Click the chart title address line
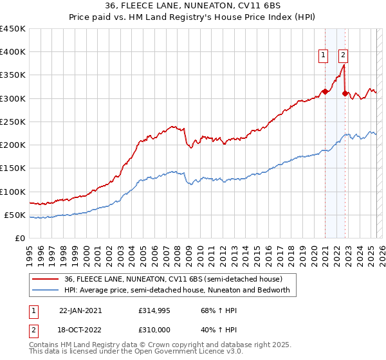tap(192, 5)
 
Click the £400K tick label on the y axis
tap(12, 52)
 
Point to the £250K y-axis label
tap(12, 122)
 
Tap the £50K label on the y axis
tap(15, 215)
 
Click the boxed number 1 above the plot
tap(322, 55)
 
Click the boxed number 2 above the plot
tap(343, 55)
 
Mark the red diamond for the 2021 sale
tap(326, 91)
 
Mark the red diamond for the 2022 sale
tap(345, 94)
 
